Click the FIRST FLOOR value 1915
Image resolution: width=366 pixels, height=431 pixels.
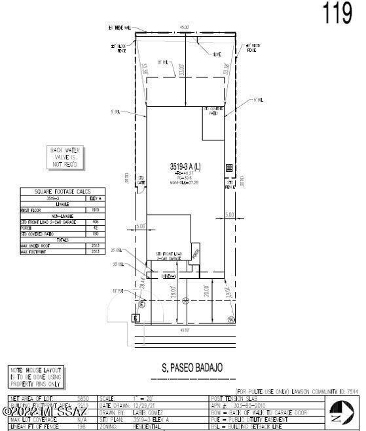(x=95, y=210)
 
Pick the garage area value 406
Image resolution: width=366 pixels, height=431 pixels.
(x=95, y=222)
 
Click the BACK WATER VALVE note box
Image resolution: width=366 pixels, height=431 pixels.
(x=64, y=157)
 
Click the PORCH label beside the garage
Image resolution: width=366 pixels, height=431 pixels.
(x=194, y=254)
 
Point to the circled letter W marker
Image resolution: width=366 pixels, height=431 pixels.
(x=230, y=319)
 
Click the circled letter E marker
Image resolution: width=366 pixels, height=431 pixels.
(x=141, y=304)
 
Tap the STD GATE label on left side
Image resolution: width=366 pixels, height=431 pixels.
(x=140, y=179)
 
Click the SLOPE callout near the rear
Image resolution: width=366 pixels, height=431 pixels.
(x=216, y=54)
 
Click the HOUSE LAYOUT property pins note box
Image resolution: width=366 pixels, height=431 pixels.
(x=37, y=377)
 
